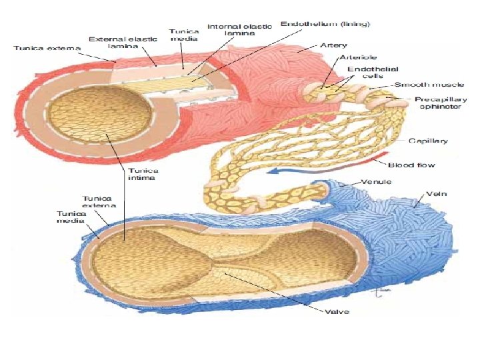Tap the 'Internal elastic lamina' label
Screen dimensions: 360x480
(239, 31)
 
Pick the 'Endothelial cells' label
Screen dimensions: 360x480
(363, 73)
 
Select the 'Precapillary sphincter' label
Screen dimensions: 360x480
(441, 103)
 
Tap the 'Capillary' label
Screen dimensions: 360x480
(428, 141)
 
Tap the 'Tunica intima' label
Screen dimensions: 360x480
(141, 175)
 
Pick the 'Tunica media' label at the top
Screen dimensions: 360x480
(182, 35)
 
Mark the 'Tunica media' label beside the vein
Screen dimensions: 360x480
(69, 217)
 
